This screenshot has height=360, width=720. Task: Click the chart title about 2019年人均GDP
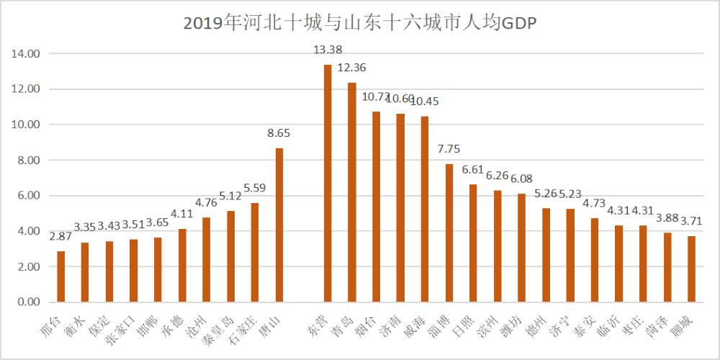click(360, 23)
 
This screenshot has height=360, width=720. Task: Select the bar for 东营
click(328, 183)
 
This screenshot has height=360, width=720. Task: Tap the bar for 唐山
click(279, 225)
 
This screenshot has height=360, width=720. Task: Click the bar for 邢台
click(61, 276)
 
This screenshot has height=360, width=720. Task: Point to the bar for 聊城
click(692, 269)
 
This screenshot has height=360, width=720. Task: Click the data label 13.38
click(328, 50)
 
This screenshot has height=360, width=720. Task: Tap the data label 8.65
click(279, 133)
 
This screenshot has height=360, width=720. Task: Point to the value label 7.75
click(449, 149)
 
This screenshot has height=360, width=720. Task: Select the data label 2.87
click(61, 236)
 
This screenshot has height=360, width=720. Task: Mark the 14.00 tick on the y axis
click(29, 54)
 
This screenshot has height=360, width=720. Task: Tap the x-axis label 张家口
click(121, 328)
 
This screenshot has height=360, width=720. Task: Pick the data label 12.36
click(352, 68)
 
